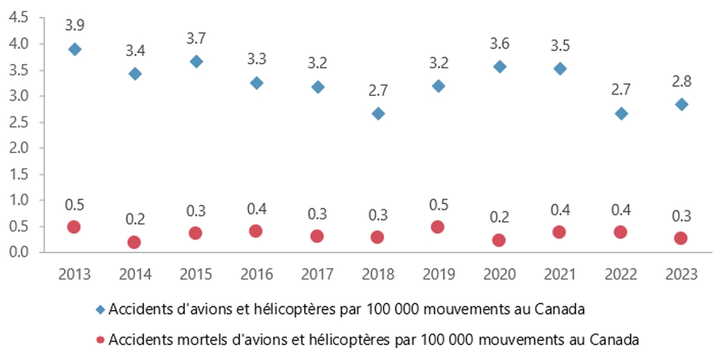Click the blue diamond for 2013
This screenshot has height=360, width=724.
click(x=74, y=49)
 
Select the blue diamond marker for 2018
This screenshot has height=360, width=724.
click(x=378, y=113)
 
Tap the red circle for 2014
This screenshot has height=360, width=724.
click(x=135, y=242)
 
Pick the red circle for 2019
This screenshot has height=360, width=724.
click(x=438, y=227)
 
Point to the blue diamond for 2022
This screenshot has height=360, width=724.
click(x=621, y=113)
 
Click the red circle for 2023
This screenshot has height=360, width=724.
click(x=681, y=238)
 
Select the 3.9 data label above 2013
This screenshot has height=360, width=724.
click(x=74, y=25)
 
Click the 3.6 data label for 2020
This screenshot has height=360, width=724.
click(x=500, y=43)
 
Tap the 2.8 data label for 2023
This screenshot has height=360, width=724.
click(x=682, y=82)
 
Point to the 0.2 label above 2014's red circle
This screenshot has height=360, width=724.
click(x=135, y=219)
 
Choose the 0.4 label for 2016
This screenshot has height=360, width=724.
click(x=256, y=209)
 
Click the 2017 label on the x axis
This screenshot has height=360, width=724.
click(x=317, y=274)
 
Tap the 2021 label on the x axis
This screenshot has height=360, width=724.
click(x=560, y=274)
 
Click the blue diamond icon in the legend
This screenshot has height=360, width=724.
click(x=101, y=310)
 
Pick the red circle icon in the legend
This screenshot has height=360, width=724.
click(x=101, y=339)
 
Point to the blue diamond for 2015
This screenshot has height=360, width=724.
click(x=195, y=62)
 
